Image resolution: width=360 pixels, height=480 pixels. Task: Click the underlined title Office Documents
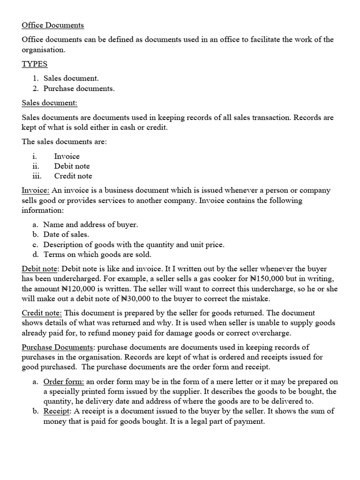click(52, 25)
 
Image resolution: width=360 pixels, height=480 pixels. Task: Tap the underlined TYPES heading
click(35, 64)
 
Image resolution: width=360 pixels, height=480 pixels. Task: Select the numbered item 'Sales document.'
click(71, 78)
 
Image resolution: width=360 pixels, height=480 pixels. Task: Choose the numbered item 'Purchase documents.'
click(79, 88)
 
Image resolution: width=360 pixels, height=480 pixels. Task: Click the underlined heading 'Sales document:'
click(49, 103)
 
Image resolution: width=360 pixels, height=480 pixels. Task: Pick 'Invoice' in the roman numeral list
click(67, 156)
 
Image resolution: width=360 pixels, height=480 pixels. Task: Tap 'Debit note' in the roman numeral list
click(72, 166)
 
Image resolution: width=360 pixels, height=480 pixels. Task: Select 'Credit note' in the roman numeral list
click(73, 176)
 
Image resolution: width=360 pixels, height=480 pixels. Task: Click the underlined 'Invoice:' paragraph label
click(36, 190)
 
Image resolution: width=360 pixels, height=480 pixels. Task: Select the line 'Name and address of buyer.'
click(90, 225)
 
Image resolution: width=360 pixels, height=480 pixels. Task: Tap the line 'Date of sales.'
click(66, 234)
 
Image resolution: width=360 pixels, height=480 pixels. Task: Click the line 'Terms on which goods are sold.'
click(97, 255)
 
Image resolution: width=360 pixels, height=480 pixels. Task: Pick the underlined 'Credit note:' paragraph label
click(42, 313)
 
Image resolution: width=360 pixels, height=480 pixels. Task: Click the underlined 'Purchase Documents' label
click(57, 347)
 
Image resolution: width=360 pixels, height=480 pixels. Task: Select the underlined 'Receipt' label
click(57, 412)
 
